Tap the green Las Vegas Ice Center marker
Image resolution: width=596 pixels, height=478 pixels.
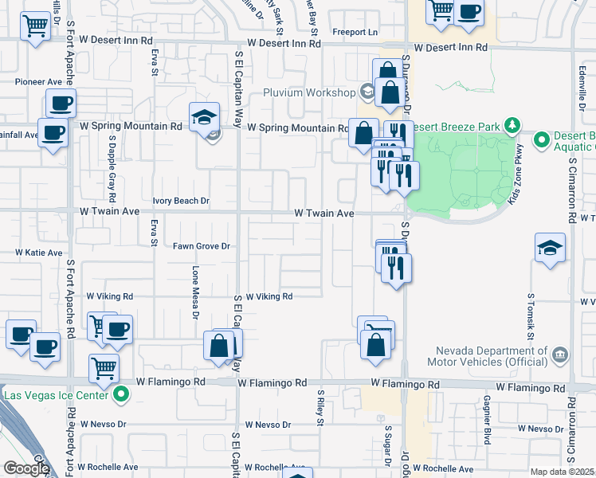pyautogui.click(x=122, y=394)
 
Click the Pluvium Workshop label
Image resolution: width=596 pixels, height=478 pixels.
pyautogui.click(x=309, y=92)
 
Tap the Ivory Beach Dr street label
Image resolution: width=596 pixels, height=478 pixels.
pyautogui.click(x=181, y=202)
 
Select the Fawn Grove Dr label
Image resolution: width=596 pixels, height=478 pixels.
pyautogui.click(x=202, y=246)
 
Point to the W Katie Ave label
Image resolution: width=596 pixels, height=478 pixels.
pyautogui.click(x=39, y=253)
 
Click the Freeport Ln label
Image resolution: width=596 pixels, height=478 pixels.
pyautogui.click(x=356, y=33)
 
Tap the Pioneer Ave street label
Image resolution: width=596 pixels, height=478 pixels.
pyautogui.click(x=37, y=81)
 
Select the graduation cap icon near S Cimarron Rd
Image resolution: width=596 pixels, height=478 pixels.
pyautogui.click(x=551, y=248)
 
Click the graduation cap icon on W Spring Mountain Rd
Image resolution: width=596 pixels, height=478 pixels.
pyautogui.click(x=204, y=117)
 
